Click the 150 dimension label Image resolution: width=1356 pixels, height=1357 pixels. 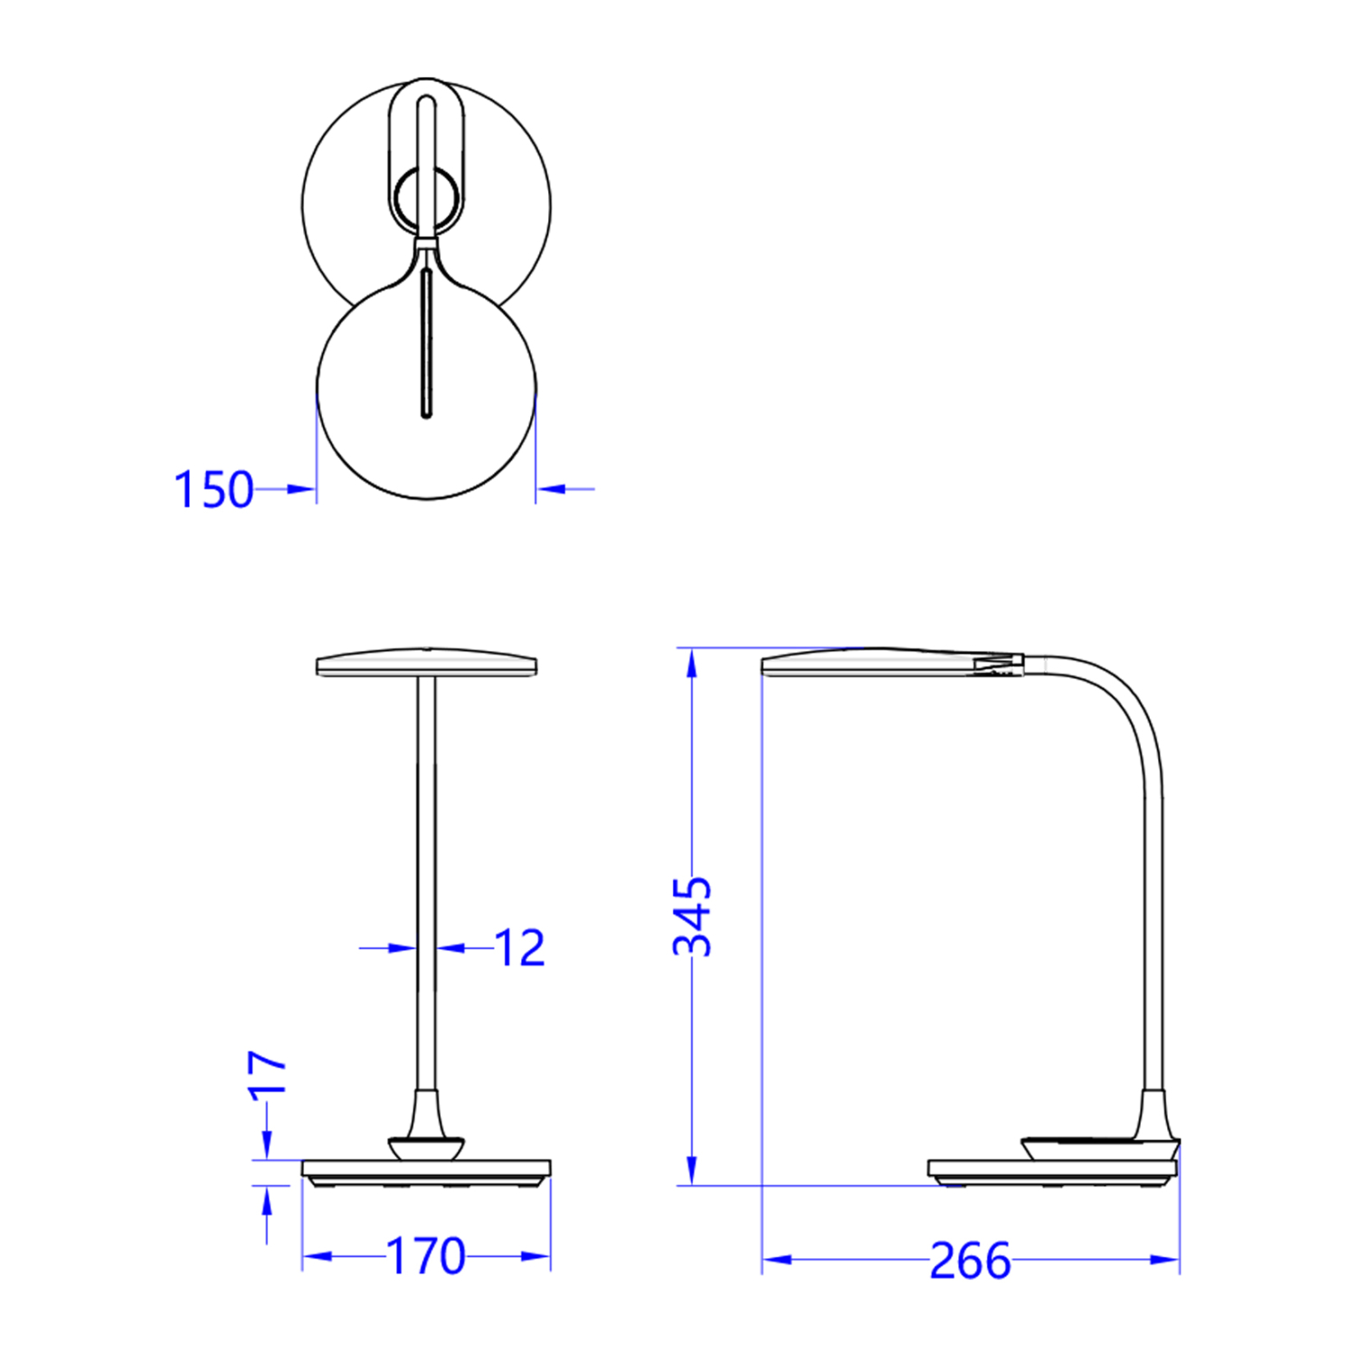point(213,489)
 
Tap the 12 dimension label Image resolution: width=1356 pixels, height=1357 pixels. point(520,948)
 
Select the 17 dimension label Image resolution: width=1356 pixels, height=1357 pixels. point(268,1074)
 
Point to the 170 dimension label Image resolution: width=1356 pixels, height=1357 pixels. point(425,1256)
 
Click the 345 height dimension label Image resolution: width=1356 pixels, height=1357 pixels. point(692,916)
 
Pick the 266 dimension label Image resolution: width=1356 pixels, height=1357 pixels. point(970,1260)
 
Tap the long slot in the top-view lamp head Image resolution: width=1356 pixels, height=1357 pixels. point(426,344)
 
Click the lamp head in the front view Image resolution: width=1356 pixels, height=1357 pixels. point(426,664)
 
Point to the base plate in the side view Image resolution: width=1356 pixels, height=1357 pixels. point(1053,1169)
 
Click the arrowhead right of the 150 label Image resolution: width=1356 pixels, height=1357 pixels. point(300,489)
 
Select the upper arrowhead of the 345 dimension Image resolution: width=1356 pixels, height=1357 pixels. point(692,663)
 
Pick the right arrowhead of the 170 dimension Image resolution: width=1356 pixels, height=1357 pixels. point(536,1256)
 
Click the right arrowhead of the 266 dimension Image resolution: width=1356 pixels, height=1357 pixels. point(1164,1259)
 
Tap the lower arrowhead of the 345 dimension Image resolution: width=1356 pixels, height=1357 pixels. point(692,1170)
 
